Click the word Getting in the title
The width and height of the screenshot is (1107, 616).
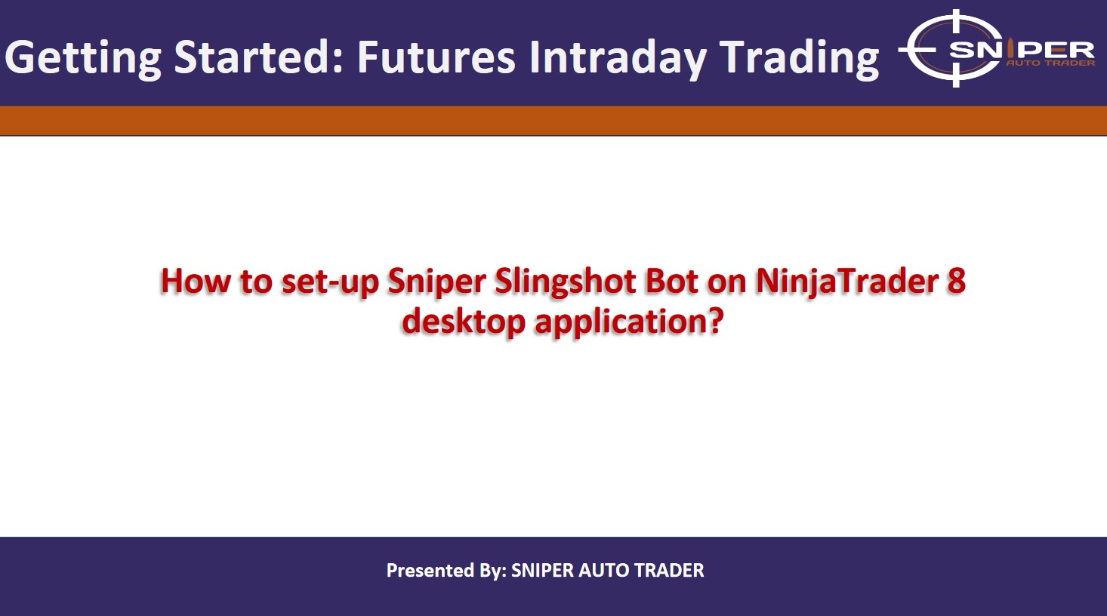click(84, 58)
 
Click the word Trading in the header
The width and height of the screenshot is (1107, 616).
click(799, 58)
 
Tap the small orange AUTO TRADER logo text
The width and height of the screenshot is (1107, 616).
click(1050, 63)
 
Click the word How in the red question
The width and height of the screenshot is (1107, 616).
click(196, 281)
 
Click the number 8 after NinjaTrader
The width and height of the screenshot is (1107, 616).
click(956, 281)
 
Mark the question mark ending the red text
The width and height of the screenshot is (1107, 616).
click(716, 321)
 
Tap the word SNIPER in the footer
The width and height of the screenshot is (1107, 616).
click(543, 571)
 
